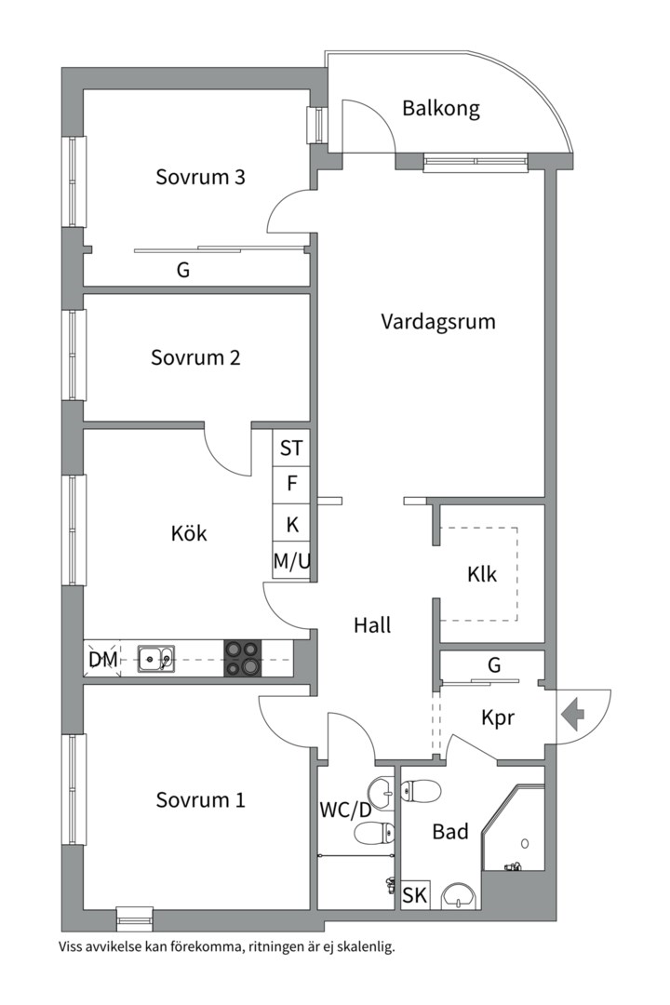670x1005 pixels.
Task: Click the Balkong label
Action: pos(441,108)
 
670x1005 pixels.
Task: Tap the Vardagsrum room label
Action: pos(438,321)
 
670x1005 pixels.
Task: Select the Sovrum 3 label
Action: pos(200,177)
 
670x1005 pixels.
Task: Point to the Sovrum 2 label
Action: pos(195,357)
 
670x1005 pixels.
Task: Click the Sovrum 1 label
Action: pos(200,800)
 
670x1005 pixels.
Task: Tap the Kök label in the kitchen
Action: pos(189,533)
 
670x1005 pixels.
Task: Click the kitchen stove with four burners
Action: pos(243,658)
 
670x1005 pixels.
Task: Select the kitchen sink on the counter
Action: pos(155,658)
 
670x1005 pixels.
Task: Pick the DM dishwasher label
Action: pos(103,659)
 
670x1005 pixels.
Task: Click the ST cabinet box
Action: pos(291,448)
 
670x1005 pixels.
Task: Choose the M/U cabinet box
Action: pos(291,562)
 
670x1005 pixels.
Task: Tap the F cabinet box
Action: pos(291,484)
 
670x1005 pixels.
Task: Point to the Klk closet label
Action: pos(481,574)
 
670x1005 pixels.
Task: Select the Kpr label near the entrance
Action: pos(498,717)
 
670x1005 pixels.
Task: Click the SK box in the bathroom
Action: pos(415,895)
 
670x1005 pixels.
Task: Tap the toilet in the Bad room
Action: pos(422,790)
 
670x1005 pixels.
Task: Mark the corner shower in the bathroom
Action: pos(513,828)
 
